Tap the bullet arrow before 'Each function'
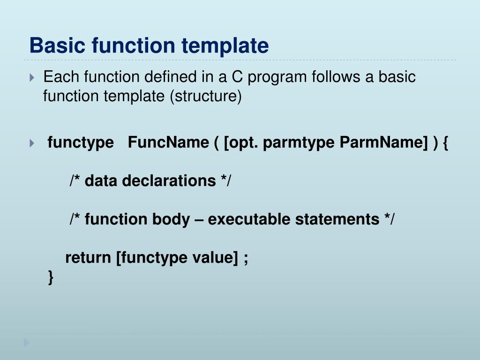31,77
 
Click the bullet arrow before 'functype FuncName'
31,143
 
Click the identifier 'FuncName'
168,142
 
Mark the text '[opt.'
241,142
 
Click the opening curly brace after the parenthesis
444,142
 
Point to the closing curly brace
51,277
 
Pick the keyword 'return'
89,258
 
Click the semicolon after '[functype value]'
246,259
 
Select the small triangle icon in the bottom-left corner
27,343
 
